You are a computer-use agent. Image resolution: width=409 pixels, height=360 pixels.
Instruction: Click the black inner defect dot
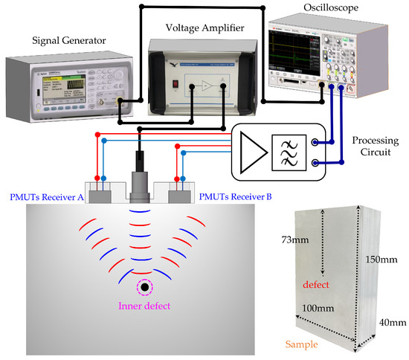coord(141,287)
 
